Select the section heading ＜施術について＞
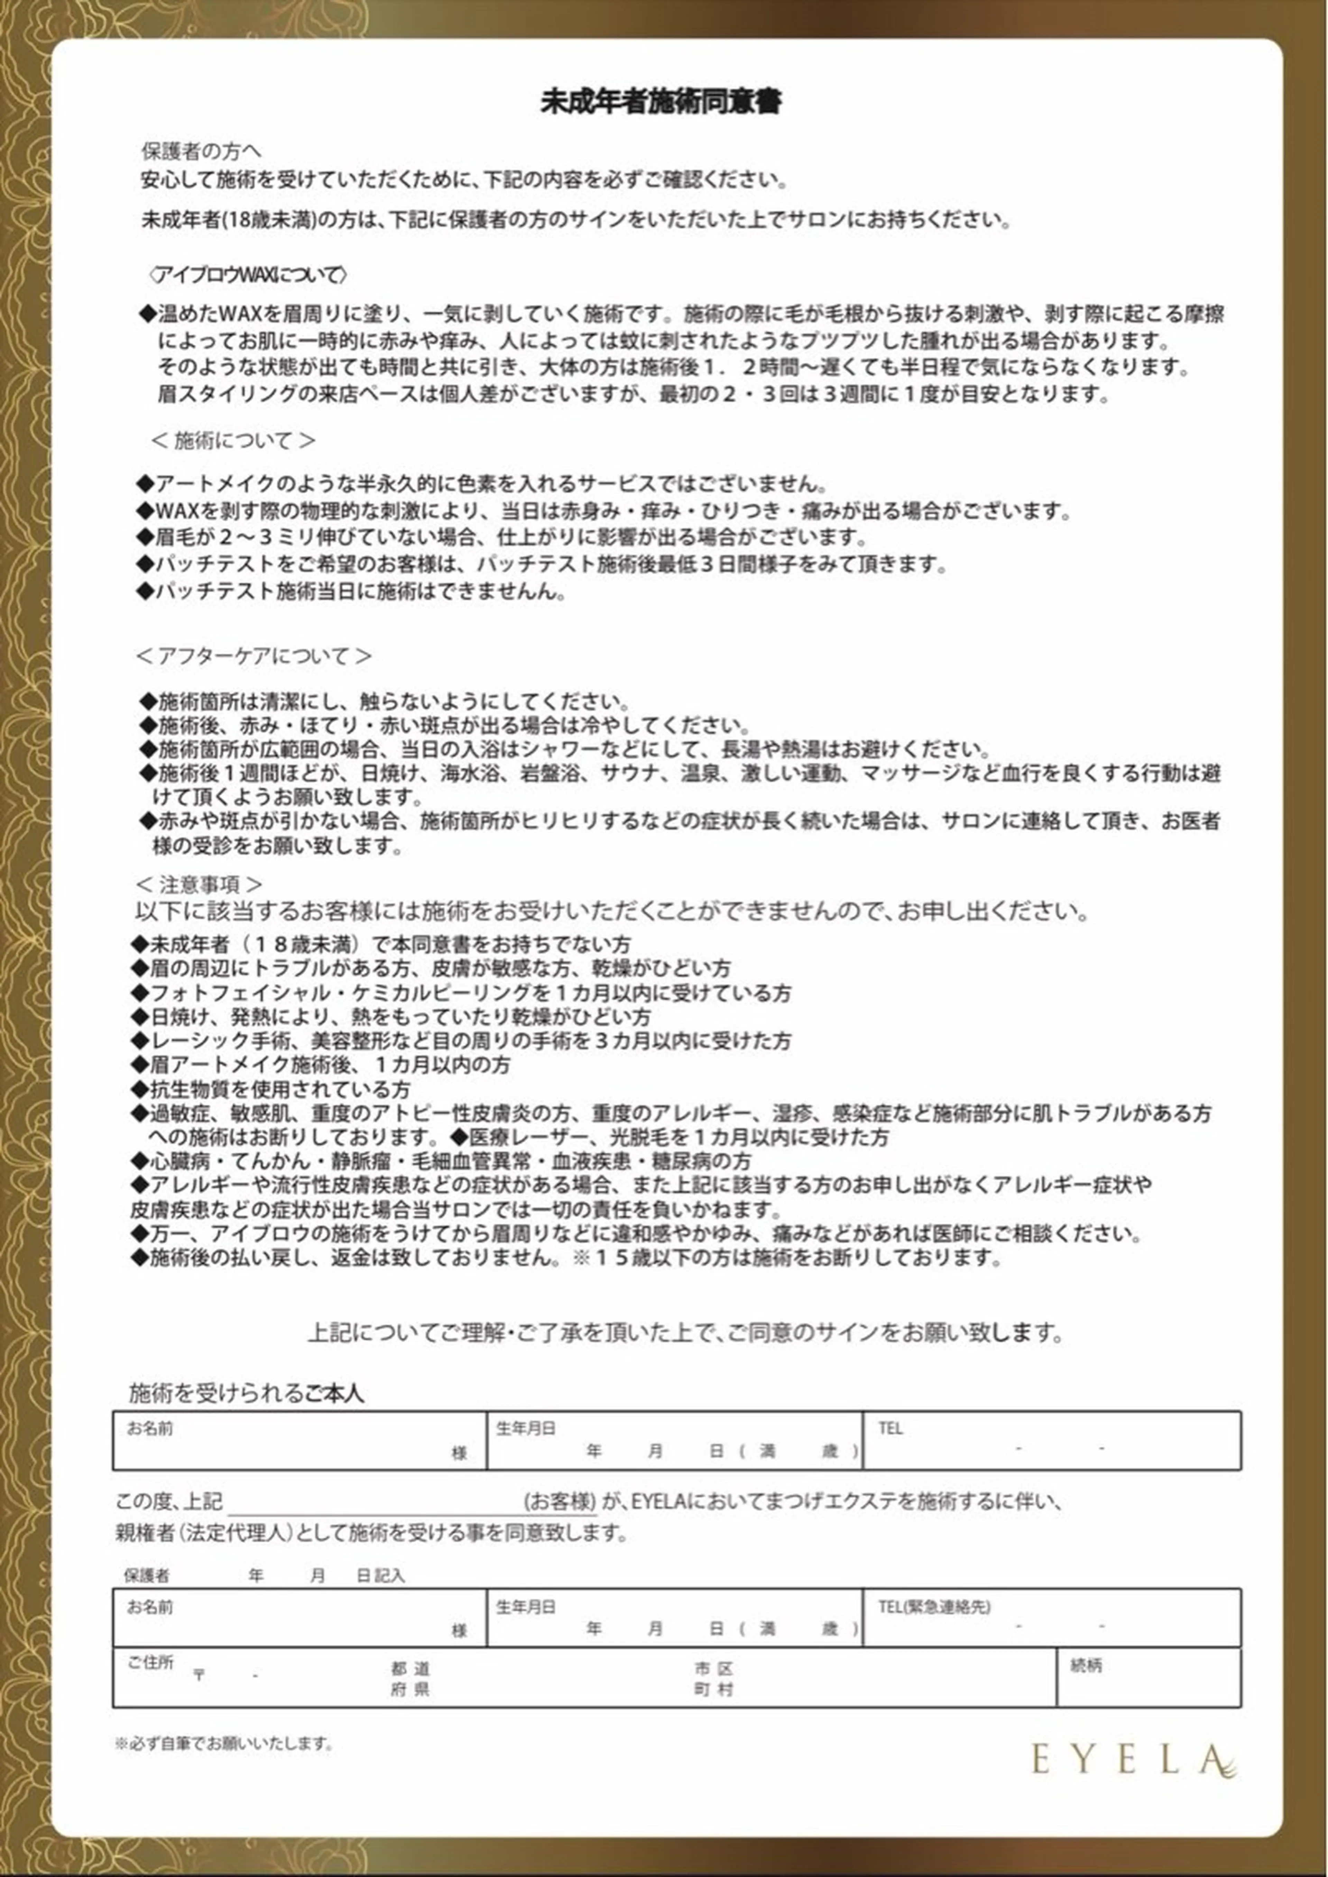tap(233, 441)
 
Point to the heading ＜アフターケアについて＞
tap(253, 656)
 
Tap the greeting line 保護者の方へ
tap(201, 151)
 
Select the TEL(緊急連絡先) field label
tap(934, 1606)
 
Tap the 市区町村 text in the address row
tap(714, 1679)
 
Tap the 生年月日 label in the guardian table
tap(526, 1606)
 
